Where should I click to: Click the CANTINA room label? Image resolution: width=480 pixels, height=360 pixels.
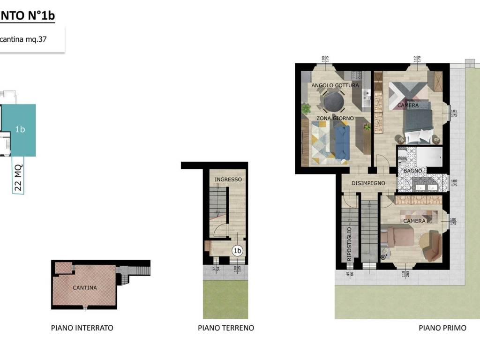pos(85,287)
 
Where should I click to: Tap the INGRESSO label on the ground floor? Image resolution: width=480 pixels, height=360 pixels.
pos(228,180)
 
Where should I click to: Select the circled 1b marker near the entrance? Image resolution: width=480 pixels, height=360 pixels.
pos(238,251)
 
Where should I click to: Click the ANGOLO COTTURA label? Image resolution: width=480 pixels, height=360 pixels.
pos(335,85)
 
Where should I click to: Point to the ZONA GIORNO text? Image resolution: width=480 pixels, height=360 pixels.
pos(335,118)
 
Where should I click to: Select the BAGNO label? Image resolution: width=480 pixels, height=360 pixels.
pos(413,171)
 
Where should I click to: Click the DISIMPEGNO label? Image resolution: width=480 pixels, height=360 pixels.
pos(368,183)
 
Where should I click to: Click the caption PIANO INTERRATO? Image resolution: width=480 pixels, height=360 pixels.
pos(82,328)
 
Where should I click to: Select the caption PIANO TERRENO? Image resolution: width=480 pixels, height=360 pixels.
pos(226,328)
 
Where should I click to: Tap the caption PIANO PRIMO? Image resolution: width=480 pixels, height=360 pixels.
pos(442,328)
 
